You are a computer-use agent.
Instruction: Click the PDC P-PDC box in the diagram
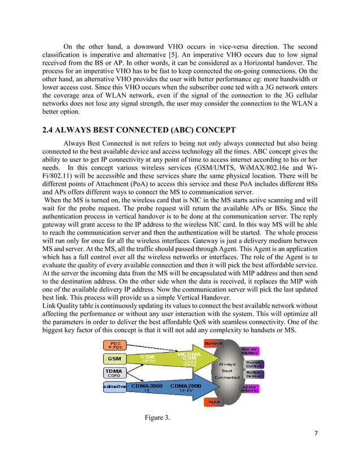click(x=115, y=345)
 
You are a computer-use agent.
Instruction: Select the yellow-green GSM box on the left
click(x=115, y=358)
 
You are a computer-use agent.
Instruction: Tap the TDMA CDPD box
click(x=115, y=373)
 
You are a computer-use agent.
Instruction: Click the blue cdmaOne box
click(x=115, y=387)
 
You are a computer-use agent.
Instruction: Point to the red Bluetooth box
click(x=213, y=343)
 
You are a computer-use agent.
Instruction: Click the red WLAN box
click(x=213, y=402)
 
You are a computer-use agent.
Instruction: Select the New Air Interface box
click(x=250, y=351)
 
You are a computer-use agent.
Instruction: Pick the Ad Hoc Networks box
click(x=250, y=388)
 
